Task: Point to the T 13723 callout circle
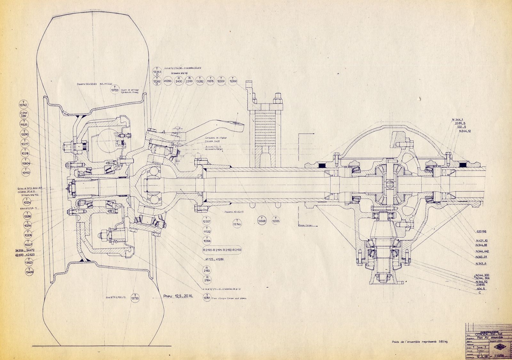[x=115, y=90]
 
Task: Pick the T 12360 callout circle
[x=234, y=80]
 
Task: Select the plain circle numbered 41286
[x=168, y=81]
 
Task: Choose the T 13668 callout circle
[x=262, y=221]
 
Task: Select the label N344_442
[x=482, y=252]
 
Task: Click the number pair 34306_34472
[x=25, y=250]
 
